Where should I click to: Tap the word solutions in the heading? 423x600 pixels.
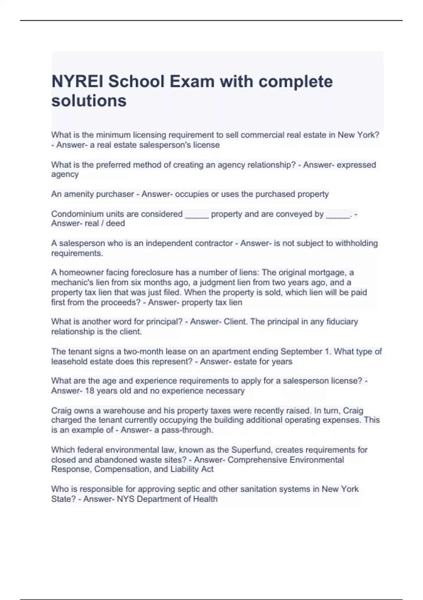[89, 101]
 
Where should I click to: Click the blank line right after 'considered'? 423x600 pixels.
[197, 215]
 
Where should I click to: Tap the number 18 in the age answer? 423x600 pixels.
[90, 391]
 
